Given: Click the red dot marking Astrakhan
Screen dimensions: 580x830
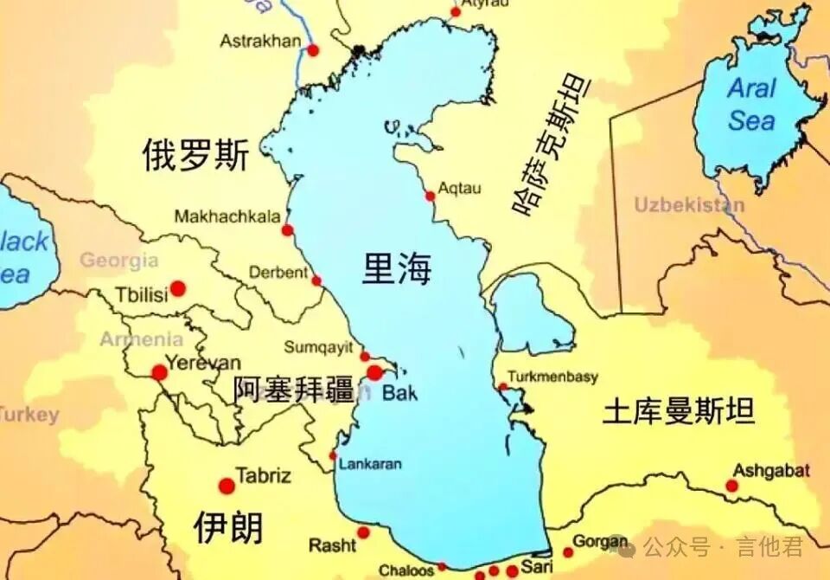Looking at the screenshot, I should click(x=313, y=50).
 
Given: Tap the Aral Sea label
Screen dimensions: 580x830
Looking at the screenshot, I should click(x=751, y=104).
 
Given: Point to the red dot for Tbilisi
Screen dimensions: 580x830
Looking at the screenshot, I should click(x=178, y=288).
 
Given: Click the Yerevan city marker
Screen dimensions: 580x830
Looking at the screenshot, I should click(x=160, y=372).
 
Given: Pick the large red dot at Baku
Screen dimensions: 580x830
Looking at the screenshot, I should click(x=374, y=373).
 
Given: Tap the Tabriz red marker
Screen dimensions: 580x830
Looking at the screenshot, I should click(x=227, y=486).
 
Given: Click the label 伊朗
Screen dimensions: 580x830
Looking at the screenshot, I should click(x=228, y=526).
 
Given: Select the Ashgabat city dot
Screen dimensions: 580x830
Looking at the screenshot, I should click(x=732, y=486).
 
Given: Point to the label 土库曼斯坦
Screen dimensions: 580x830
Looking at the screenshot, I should click(x=679, y=410).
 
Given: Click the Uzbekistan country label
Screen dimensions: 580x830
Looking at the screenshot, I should click(x=689, y=205).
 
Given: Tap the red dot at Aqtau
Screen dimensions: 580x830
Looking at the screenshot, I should click(x=430, y=197).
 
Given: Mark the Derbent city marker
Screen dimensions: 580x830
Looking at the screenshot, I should click(x=316, y=280).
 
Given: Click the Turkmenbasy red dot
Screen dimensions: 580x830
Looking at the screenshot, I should click(x=503, y=387).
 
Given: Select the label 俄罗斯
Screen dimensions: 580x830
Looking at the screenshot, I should click(x=195, y=157).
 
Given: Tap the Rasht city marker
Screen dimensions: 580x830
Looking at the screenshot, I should click(x=364, y=532).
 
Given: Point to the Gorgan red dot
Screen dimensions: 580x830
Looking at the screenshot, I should click(x=568, y=552).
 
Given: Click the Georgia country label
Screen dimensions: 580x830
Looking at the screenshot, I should click(x=119, y=260).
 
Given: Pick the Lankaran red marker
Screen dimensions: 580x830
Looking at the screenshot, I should click(x=334, y=455).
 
